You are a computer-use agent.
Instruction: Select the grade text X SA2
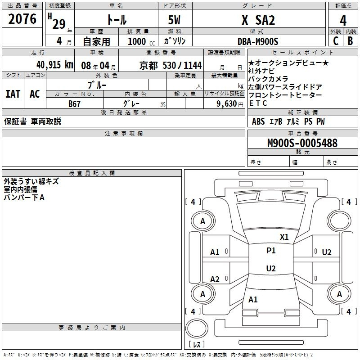[x=258, y=20]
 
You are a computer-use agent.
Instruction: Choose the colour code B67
[x=75, y=103]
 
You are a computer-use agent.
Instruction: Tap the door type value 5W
[x=175, y=20]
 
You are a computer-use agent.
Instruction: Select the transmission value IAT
[x=13, y=94]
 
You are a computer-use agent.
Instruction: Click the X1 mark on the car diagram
[x=284, y=237]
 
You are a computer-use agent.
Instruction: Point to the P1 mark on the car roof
[x=271, y=251]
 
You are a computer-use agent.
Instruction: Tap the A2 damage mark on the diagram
[x=215, y=279]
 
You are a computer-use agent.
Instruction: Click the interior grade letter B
[x=350, y=41]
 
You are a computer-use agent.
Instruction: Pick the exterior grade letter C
[x=335, y=41]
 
